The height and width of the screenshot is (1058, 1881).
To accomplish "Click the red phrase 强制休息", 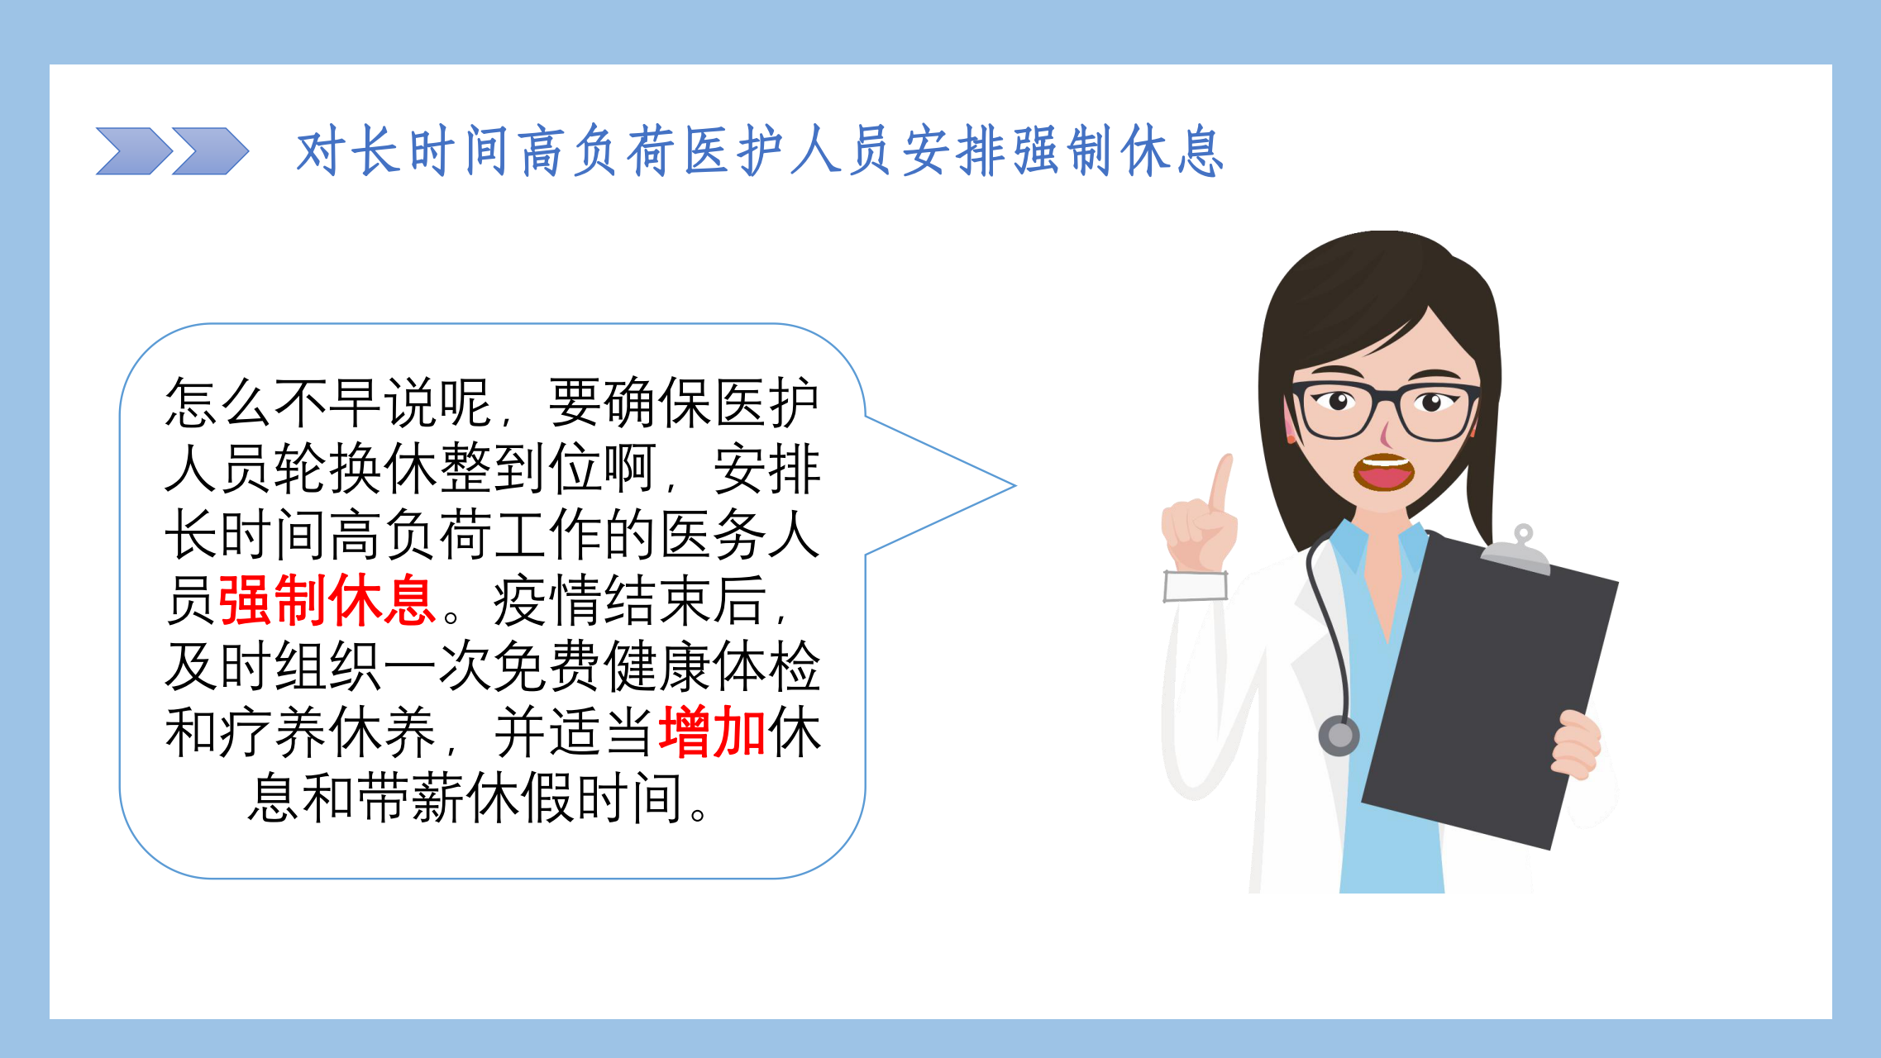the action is click(327, 601).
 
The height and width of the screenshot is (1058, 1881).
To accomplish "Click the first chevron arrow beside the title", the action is click(134, 151).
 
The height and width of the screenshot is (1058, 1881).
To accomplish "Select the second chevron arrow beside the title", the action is click(210, 151).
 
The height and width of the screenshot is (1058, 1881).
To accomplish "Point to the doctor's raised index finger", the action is click(1220, 483).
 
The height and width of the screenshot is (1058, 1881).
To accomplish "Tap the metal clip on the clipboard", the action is click(1516, 550).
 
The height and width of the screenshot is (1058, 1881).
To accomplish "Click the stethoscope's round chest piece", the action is click(1339, 735).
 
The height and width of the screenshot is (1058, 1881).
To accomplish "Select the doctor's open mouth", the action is click(1383, 473).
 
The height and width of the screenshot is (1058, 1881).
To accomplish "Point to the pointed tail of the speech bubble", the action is click(1014, 486).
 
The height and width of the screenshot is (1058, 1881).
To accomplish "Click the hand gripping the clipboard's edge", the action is click(1578, 745).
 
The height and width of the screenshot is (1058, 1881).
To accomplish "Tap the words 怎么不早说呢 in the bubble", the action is click(328, 403).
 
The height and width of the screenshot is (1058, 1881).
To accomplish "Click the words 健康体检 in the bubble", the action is click(713, 666).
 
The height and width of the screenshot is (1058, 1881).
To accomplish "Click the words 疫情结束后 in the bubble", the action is click(630, 601).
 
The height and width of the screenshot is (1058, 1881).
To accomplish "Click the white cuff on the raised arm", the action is click(1196, 586).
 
